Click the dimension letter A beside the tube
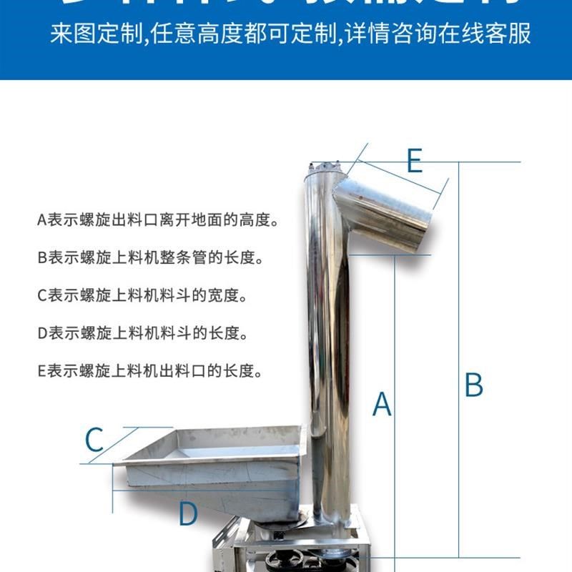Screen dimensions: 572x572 point(383,404)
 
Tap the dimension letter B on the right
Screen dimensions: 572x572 point(473,385)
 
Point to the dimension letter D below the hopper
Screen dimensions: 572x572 point(187,513)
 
